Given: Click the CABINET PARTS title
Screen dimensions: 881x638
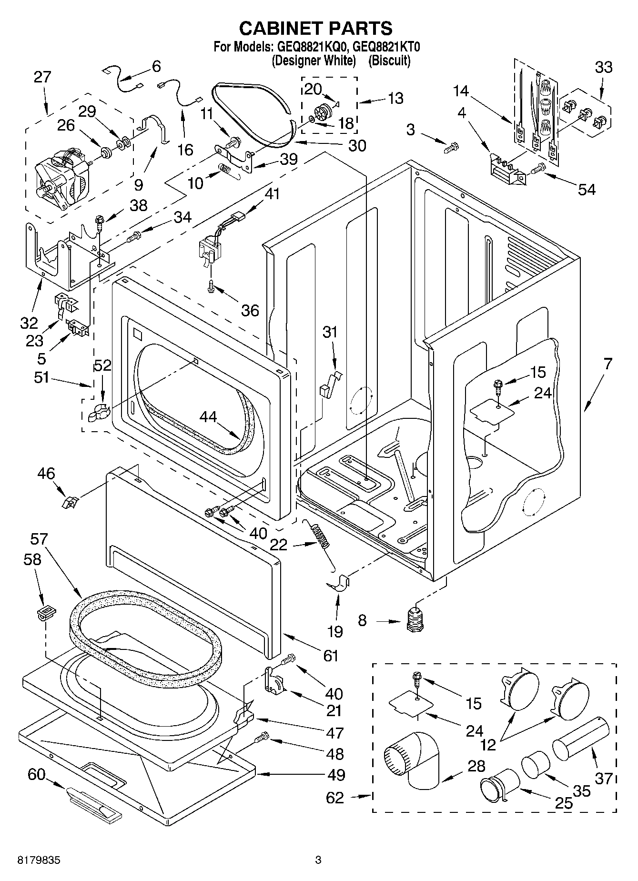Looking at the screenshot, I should (315, 28).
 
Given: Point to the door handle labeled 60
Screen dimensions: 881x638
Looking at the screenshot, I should (94, 805).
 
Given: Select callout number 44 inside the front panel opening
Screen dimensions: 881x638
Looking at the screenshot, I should (208, 416).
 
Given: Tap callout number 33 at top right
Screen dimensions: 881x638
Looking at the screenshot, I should (603, 67).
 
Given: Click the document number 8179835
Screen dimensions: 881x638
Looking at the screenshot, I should (39, 860).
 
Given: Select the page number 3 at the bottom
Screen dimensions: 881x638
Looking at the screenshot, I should (318, 860).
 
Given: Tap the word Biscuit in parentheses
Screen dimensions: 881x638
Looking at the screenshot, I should (389, 61).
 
